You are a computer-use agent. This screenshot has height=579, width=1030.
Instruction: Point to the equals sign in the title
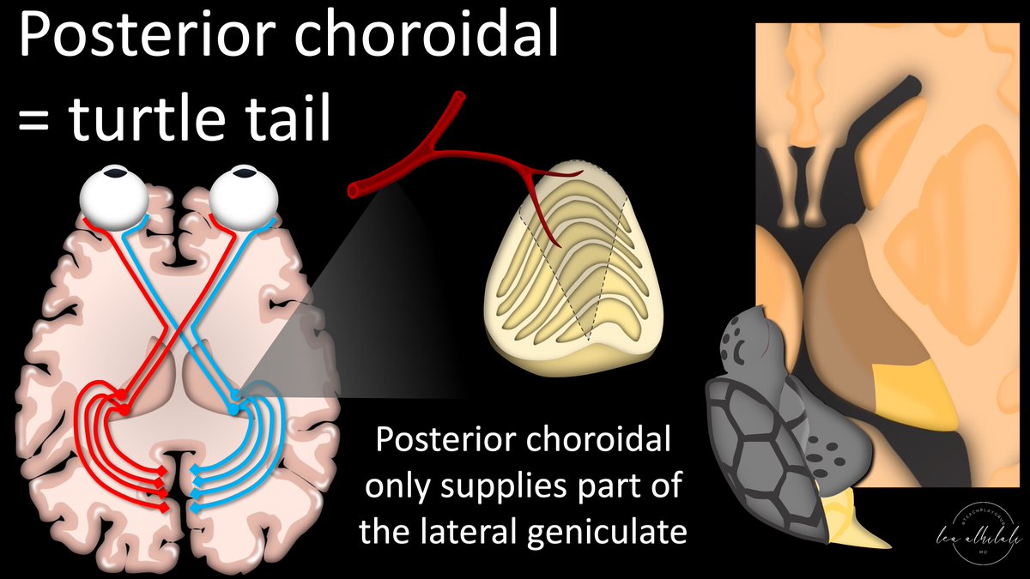(36, 120)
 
